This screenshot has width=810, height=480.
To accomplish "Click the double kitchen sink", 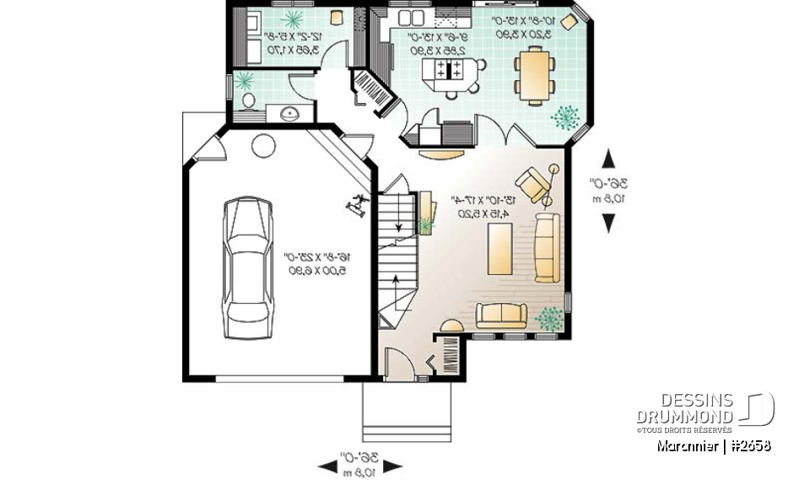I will point(411,18).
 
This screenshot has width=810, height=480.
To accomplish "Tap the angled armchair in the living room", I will point(532,183).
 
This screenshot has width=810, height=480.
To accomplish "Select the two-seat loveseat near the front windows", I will point(501,315).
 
